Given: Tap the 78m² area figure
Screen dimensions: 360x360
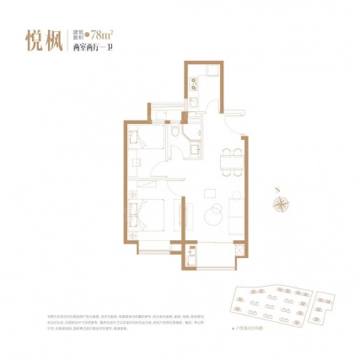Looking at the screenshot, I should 105,35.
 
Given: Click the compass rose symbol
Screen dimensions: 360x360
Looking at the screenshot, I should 277,201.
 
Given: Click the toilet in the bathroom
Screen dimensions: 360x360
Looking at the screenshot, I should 175,136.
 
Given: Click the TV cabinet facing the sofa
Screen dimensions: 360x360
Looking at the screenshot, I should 177,211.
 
